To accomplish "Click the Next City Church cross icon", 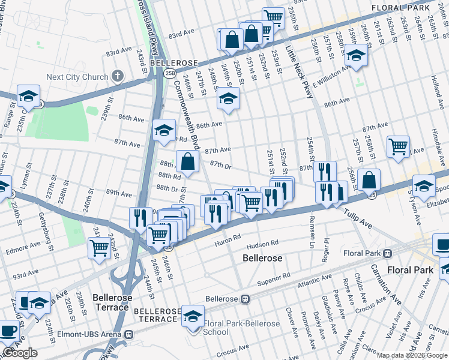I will pyautogui.click(x=118, y=76).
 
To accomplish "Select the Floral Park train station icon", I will pyautogui.click(x=388, y=253).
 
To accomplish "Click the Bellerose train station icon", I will pyautogui.click(x=245, y=299).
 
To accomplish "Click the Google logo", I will pyautogui.click(x=20, y=353).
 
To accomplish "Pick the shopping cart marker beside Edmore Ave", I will pyautogui.click(x=99, y=247).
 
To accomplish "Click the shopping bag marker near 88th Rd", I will pyautogui.click(x=188, y=161).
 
